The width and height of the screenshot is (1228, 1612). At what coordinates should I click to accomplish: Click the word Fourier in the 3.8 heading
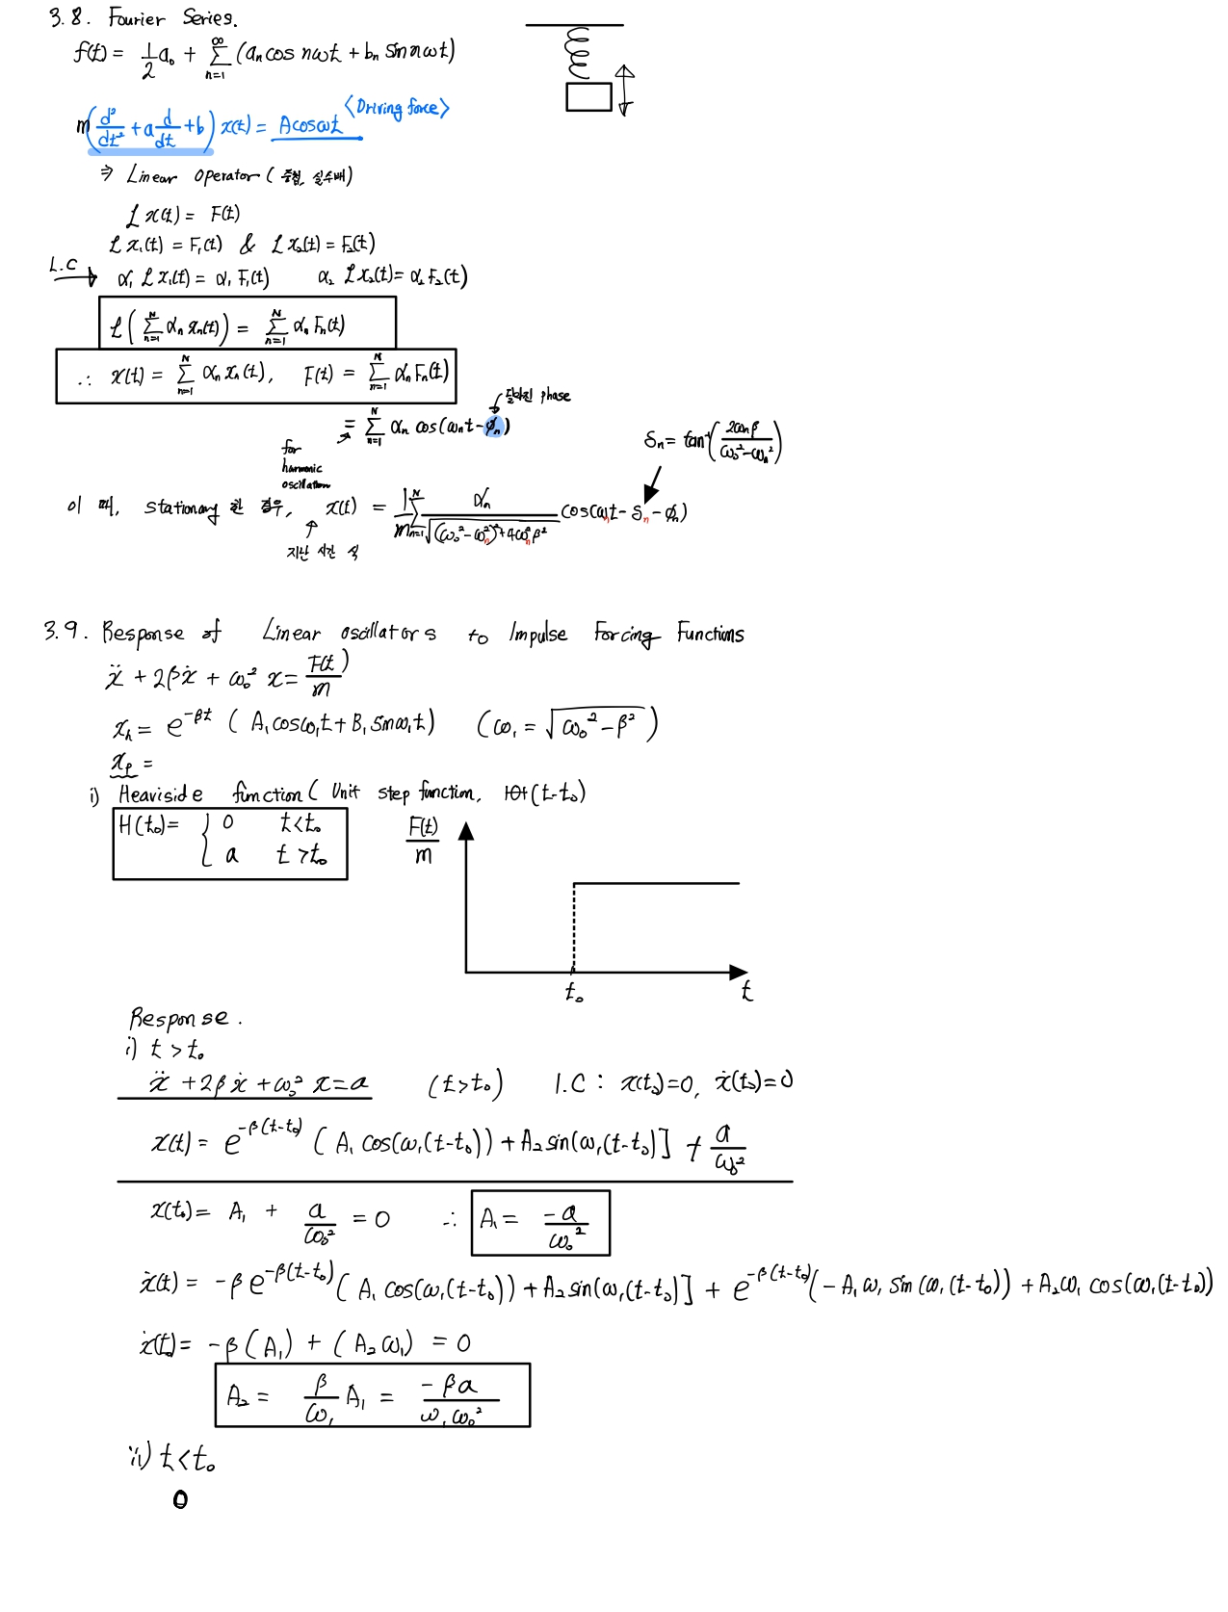[137, 18]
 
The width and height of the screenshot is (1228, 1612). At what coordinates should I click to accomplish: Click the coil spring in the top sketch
[579, 55]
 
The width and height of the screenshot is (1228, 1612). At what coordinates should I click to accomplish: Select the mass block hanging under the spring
[588, 97]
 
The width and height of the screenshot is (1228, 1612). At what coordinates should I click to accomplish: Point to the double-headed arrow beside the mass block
[625, 91]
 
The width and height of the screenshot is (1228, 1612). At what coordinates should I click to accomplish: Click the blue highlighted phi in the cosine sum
[493, 427]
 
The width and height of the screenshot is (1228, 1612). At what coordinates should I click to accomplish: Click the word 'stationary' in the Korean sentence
[181, 507]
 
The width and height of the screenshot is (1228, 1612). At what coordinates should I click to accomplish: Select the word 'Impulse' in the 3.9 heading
[538, 634]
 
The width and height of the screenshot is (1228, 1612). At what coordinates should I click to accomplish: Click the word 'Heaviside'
[161, 794]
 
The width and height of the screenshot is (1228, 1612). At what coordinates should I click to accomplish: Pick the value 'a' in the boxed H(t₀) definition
[231, 855]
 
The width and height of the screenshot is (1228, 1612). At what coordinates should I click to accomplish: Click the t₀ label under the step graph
[574, 992]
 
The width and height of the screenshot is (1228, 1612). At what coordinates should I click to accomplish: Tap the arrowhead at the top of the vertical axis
[466, 831]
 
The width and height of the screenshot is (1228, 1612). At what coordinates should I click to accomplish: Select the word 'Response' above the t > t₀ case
[180, 1018]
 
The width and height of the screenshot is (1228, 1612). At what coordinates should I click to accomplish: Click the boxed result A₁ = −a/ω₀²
[540, 1223]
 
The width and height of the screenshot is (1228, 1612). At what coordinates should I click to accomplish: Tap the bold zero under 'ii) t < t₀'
[180, 1499]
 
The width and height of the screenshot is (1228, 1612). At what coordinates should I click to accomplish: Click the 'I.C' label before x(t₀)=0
[570, 1084]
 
